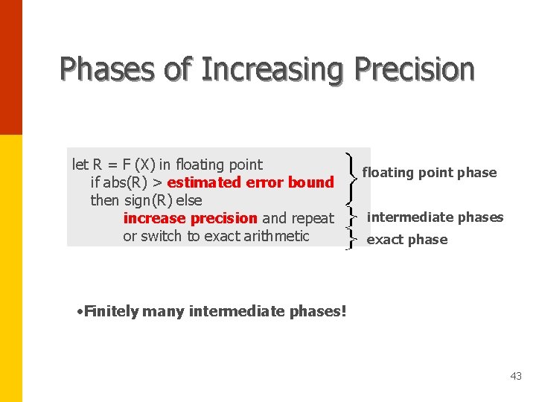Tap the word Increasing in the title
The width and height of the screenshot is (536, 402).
click(x=272, y=69)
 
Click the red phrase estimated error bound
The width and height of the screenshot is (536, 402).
click(x=251, y=182)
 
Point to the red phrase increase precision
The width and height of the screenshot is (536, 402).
click(x=190, y=218)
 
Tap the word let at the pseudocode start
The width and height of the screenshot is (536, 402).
click(x=80, y=165)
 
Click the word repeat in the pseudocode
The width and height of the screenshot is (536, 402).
click(x=313, y=218)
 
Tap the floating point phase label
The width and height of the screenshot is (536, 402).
click(x=429, y=173)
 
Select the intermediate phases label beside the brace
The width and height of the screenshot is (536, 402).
click(x=435, y=217)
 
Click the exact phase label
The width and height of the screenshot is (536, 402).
click(x=407, y=240)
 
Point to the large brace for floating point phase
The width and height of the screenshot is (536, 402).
click(x=350, y=177)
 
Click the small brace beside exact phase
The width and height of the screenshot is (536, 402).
click(x=350, y=239)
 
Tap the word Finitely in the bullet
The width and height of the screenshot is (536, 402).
click(x=111, y=311)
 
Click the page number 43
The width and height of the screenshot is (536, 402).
click(x=516, y=377)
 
